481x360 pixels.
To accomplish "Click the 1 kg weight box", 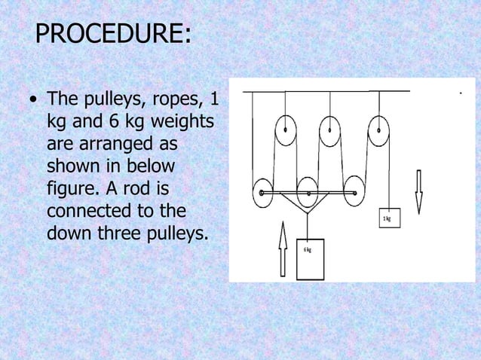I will click(388, 218).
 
